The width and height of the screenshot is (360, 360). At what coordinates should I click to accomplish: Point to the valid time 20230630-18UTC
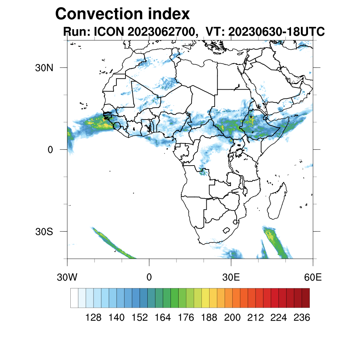point(276,32)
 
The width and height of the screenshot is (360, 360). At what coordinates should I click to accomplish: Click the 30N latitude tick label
point(44,67)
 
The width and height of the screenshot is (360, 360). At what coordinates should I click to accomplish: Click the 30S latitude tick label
point(44,232)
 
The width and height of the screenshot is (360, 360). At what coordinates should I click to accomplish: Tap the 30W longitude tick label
point(67,277)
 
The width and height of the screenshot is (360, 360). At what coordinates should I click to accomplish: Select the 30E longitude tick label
point(231,277)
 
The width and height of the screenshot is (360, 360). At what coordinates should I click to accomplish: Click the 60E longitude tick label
point(313,277)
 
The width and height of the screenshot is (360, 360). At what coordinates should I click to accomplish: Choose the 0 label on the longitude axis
point(149,277)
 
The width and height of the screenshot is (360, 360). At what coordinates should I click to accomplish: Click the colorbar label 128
point(94,318)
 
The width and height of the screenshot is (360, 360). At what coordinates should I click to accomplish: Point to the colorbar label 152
point(140,318)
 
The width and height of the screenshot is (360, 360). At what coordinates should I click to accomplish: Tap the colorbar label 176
point(186,318)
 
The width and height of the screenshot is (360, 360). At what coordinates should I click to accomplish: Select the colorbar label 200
point(232,318)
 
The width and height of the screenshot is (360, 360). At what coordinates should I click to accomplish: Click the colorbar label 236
point(302,318)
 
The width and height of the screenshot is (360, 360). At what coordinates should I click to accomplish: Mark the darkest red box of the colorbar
point(306,298)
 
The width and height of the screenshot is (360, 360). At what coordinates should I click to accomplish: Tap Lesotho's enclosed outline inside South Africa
point(227,231)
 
